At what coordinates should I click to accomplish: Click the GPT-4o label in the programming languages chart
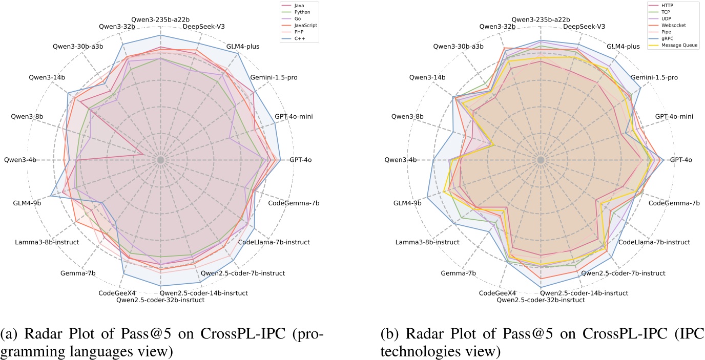coord(301,160)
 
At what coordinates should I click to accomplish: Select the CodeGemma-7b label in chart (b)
coord(674,203)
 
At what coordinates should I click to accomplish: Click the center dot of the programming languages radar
coord(161,160)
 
